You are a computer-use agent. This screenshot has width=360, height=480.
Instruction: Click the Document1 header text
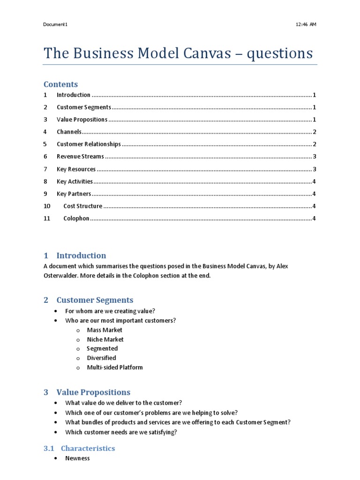pos(55,24)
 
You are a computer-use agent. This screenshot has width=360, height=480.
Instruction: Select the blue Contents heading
pos(60,84)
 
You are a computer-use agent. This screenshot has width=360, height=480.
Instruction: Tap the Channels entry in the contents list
pos(69,132)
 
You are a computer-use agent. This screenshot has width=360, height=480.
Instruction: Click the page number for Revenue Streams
pos(314,157)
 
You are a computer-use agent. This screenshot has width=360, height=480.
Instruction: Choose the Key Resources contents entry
pos(76,169)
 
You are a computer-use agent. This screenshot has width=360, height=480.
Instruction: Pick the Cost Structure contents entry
pos(82,206)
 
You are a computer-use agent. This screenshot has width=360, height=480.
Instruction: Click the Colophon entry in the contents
pos(76,218)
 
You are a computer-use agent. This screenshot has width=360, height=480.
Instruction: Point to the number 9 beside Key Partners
pos(45,194)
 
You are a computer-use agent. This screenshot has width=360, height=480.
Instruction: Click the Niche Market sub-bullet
pos(105,339)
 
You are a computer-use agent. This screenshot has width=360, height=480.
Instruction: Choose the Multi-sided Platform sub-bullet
pos(115,367)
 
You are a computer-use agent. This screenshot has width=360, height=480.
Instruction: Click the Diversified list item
pos(101,358)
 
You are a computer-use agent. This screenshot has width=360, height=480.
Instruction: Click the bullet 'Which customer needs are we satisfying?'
pos(121,432)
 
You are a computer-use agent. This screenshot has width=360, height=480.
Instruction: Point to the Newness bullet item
pos(77,458)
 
